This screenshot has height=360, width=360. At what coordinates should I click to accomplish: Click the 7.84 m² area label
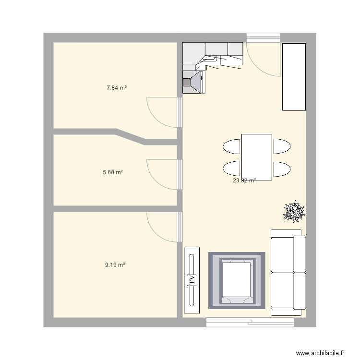116,88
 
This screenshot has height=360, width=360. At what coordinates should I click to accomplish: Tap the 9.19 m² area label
115,264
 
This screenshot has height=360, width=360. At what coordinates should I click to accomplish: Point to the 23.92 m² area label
244,181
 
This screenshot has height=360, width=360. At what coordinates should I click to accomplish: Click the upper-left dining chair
231,146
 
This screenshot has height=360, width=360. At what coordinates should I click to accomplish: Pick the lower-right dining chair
281,168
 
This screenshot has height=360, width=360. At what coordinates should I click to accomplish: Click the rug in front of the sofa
237,279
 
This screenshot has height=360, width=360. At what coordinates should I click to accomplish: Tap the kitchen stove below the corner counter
193,82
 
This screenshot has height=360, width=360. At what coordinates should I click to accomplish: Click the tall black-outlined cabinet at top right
294,77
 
